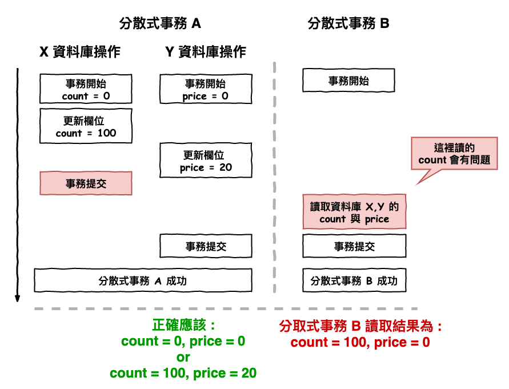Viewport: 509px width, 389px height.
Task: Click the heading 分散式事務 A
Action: (x=160, y=23)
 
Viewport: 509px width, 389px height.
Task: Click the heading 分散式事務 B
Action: (x=348, y=23)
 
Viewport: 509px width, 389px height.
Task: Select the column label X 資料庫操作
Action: (x=80, y=52)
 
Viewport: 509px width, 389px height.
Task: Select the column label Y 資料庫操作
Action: (x=206, y=52)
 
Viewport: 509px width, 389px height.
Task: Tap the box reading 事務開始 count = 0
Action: (x=86, y=89)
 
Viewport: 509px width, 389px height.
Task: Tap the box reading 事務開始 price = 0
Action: (x=206, y=89)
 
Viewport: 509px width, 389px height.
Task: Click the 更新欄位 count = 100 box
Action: (x=86, y=126)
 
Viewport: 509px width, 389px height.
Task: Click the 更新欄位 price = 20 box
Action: (x=206, y=161)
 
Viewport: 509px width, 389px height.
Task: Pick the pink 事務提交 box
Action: (x=86, y=183)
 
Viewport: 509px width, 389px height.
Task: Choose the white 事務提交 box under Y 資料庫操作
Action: (x=206, y=246)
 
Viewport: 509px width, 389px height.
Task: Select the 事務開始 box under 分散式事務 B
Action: (x=348, y=81)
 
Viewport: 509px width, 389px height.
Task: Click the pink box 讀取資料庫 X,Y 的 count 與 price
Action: (x=354, y=212)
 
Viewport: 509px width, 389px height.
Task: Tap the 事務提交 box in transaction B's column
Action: (x=354, y=246)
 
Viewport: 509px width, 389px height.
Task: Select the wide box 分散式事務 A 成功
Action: (x=143, y=280)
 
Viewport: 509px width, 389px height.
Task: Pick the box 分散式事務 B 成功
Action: (x=354, y=280)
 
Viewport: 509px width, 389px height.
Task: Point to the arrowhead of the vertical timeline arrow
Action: (x=18, y=298)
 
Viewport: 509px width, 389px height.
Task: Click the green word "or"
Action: (x=183, y=358)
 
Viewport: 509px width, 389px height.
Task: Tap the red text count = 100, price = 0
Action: (x=360, y=343)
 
